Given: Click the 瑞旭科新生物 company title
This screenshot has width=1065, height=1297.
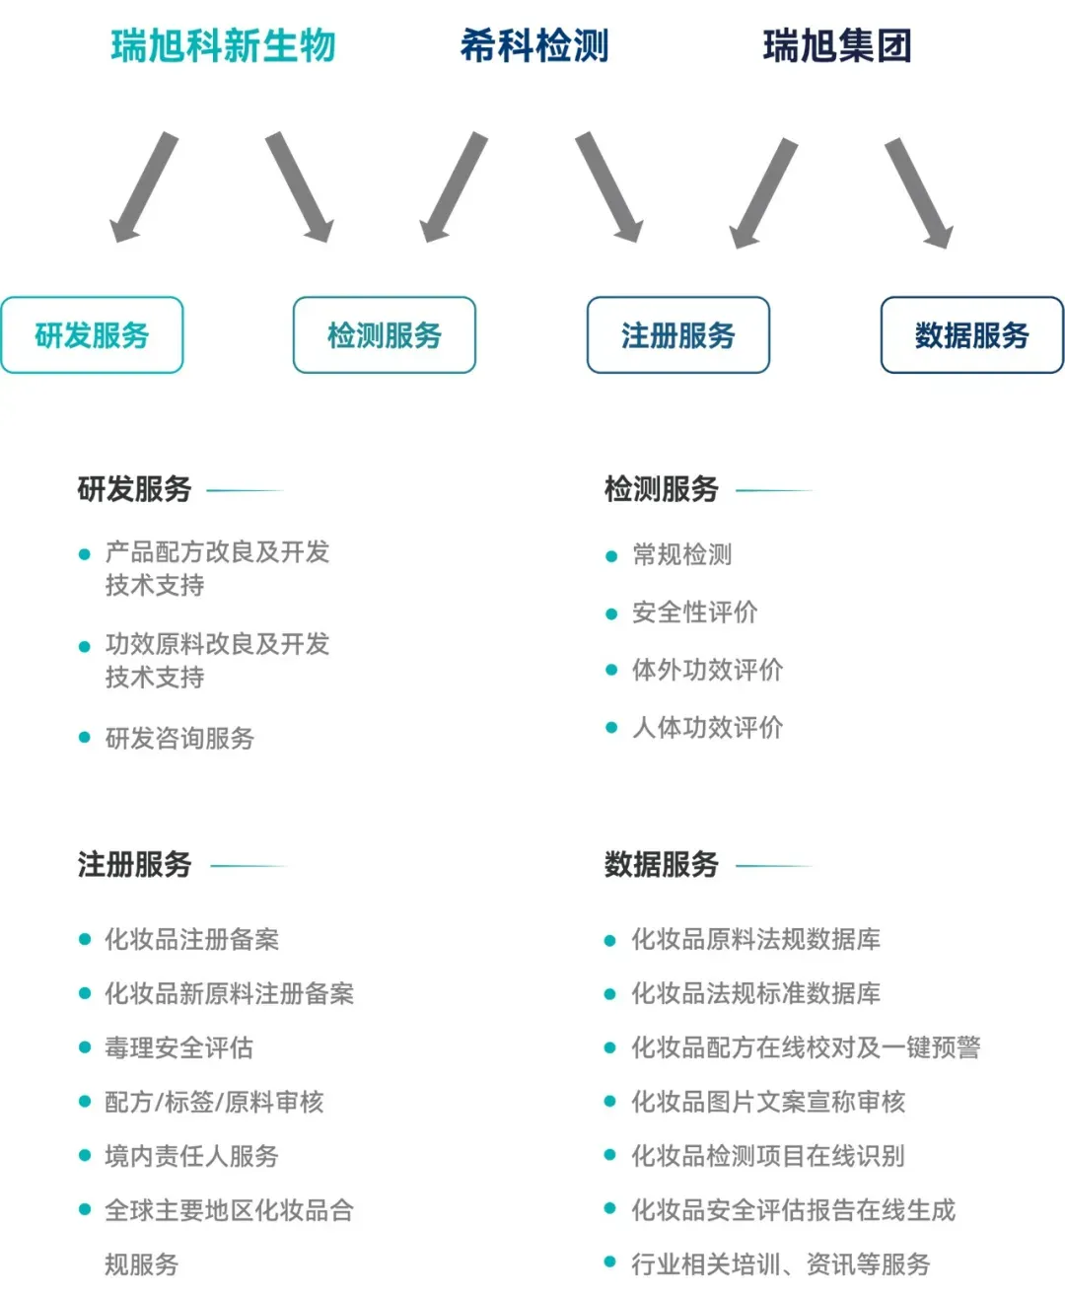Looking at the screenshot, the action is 224,46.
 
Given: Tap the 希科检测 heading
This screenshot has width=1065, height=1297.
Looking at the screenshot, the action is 534,46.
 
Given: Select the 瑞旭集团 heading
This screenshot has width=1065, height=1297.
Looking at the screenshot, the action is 837,46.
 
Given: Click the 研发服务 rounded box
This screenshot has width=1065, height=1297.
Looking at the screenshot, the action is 92,335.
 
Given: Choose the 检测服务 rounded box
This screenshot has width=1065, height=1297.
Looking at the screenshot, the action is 385,335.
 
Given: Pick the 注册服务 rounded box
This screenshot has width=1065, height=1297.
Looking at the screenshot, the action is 678,335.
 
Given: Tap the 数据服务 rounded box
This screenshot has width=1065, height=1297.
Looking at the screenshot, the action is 972,335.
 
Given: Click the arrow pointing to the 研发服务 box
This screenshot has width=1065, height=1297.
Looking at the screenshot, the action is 143,187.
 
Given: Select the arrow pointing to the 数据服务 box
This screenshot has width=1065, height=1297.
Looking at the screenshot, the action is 919,192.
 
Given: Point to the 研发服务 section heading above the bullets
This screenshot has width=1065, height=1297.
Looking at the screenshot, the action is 134,489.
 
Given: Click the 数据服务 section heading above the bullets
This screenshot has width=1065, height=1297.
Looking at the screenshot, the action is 661,865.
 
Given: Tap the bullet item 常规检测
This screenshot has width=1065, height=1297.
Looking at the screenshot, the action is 682,555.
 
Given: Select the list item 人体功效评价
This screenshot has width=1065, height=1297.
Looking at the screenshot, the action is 707,728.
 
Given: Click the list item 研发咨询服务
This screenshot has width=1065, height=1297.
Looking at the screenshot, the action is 179,738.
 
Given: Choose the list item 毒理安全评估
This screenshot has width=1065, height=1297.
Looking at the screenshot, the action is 178,1047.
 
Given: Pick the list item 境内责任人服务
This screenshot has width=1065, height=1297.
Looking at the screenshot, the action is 191,1156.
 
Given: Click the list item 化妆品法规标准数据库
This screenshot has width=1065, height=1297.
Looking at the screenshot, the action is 755,993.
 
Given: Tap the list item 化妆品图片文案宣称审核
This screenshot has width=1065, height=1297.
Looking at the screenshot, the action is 768,1102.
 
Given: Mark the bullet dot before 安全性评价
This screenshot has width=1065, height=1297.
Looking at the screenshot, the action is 611,613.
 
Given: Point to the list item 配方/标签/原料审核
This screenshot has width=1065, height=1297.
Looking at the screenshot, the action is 214,1102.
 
